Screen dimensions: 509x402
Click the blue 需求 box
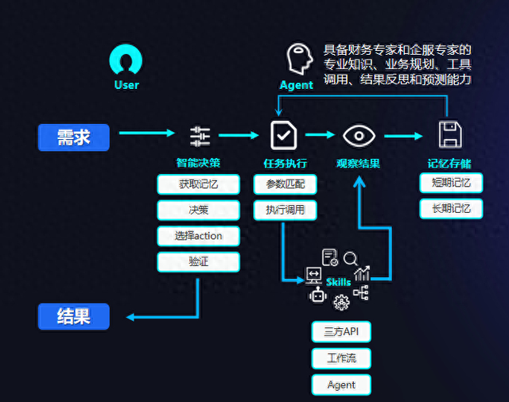74,137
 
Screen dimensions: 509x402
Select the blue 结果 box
74,316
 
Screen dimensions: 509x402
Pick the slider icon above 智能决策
200,137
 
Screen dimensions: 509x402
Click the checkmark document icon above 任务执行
283,135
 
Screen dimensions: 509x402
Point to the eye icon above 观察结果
359,136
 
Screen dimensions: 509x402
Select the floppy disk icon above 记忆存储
450,135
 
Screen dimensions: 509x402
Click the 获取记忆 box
198,184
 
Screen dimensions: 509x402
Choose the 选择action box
198,236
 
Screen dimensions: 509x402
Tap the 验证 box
198,261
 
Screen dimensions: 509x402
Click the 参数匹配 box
285,184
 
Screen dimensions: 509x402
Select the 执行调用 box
285,210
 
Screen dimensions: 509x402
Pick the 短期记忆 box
451,183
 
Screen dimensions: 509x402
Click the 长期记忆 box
451,208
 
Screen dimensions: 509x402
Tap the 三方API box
341,331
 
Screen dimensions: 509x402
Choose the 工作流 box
341,358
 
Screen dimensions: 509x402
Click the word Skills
338,282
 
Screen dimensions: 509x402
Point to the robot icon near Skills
318,295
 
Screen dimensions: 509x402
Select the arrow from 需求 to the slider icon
147,133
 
